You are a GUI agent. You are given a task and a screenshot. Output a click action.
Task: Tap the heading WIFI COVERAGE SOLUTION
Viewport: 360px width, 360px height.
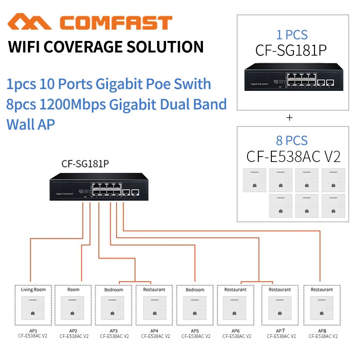tap(106, 47)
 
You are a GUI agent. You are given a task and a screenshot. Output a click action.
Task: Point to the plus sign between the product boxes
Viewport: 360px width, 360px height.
tap(289, 117)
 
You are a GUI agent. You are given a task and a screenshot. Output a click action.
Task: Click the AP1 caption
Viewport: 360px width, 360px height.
tap(32, 331)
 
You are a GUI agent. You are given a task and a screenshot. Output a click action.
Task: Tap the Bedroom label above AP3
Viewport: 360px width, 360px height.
tap(113, 290)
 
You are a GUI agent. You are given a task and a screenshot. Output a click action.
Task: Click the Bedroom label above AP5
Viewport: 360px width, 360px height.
tap(195, 290)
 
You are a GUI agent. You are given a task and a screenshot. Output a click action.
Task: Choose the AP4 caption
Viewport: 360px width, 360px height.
tap(155, 331)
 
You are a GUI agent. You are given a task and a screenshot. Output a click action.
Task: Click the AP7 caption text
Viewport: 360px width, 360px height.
tap(276, 331)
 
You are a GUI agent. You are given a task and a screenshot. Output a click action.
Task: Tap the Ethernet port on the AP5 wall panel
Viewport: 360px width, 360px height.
tap(195, 312)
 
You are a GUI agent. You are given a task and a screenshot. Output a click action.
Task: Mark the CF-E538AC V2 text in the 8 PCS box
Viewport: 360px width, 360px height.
tap(293, 157)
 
